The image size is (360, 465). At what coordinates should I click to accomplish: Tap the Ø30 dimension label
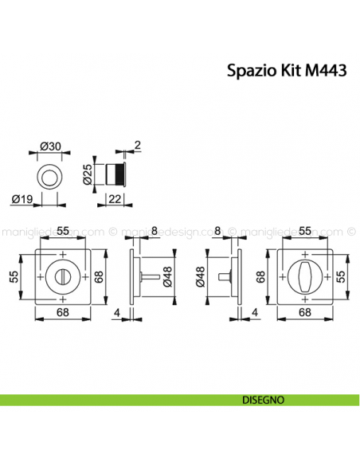[50, 146]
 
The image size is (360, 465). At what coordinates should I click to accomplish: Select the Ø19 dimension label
[22, 199]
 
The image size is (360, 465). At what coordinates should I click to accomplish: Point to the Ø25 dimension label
[88, 174]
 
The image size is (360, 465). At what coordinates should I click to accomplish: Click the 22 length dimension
[115, 199]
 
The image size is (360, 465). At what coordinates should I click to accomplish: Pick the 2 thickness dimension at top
[137, 144]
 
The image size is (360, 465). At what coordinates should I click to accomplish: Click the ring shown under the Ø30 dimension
[50, 174]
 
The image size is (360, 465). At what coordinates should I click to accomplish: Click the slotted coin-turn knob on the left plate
[63, 275]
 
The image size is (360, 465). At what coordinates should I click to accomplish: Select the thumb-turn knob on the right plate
[306, 275]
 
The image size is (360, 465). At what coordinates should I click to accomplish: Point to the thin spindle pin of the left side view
[149, 276]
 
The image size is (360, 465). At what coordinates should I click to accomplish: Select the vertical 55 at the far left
[13, 276]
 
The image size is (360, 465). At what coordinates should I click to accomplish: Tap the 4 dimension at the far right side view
[254, 312]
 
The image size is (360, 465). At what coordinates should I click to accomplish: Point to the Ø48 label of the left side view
[169, 276]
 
